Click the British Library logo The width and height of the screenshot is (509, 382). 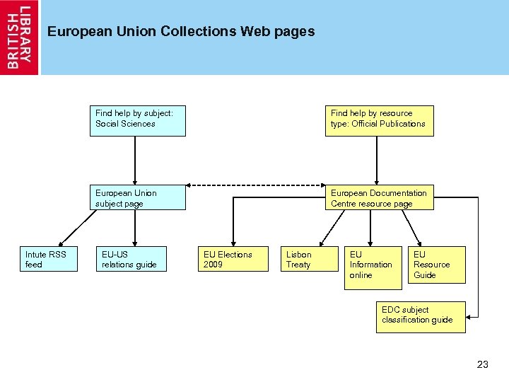coord(20,37)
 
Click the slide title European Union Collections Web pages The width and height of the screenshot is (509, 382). coord(181,32)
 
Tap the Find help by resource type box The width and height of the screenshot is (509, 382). coord(379,120)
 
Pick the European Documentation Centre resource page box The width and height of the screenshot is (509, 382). coord(379,198)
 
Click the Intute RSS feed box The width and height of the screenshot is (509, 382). coord(48,259)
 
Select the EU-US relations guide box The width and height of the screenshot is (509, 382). coord(131,259)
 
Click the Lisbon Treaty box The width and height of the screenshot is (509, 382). coord(305,259)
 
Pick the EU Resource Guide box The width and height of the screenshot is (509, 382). coord(436,265)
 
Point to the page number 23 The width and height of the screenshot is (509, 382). coord(483,364)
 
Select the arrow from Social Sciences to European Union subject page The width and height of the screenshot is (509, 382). coord(135,161)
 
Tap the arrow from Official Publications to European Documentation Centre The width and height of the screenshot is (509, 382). coord(378,161)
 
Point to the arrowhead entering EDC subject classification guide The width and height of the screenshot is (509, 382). coord(472,316)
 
